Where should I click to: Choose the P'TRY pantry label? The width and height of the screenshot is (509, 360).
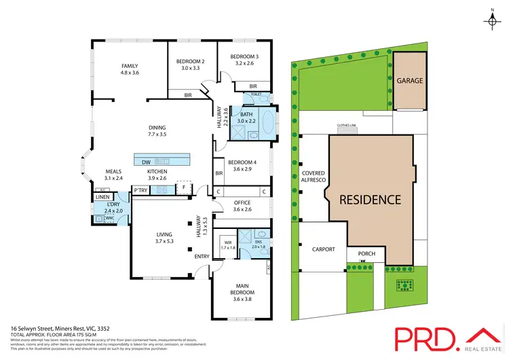tap(141, 190)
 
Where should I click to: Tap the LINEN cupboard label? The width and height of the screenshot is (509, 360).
tap(102, 197)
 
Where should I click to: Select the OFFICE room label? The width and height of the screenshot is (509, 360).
tap(242, 202)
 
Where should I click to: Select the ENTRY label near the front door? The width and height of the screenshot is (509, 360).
tap(202, 256)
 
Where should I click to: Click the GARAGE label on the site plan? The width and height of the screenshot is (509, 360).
tap(410, 81)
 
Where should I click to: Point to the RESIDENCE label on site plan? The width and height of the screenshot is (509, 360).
tap(371, 200)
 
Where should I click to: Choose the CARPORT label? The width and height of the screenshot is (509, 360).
tap(324, 249)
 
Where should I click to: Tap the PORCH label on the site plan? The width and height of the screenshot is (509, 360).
tap(366, 255)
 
